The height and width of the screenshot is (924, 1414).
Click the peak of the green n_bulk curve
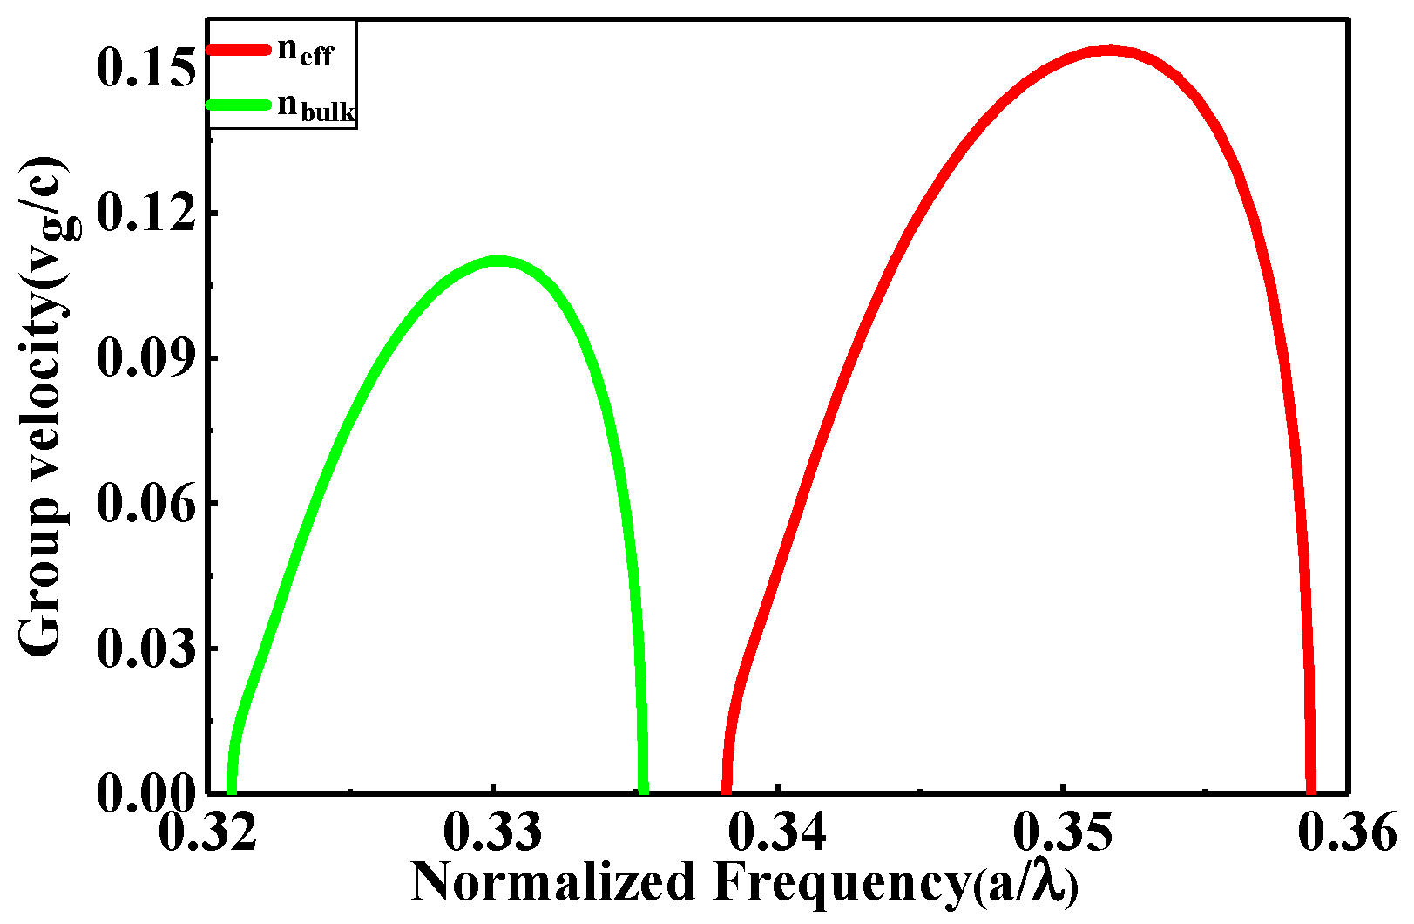[497, 261]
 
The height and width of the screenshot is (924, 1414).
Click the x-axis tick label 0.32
[209, 832]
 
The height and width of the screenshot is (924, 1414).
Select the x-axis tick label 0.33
[493, 832]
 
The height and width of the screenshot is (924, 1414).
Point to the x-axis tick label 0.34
[778, 832]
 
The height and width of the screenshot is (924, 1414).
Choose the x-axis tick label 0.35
[1063, 832]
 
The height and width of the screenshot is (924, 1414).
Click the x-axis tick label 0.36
[1346, 832]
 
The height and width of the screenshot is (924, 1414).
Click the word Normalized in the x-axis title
[552, 882]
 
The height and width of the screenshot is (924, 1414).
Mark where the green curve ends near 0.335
[643, 789]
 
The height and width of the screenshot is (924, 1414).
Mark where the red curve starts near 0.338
[726, 789]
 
